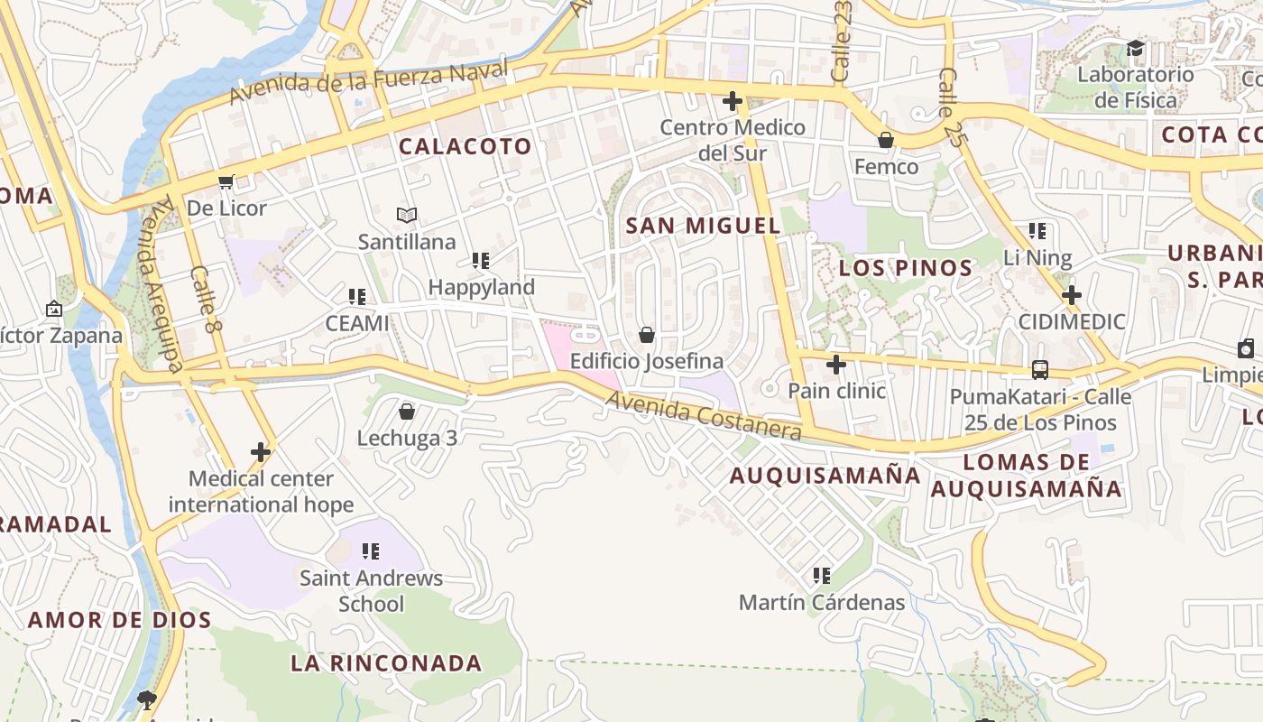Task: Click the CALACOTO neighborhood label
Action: [x=466, y=146]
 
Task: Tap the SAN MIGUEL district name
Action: [x=704, y=226]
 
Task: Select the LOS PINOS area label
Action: [x=906, y=268]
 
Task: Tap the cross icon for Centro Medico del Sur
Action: [x=733, y=100]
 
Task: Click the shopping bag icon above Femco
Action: [x=886, y=140]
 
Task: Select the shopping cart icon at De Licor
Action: [x=226, y=182]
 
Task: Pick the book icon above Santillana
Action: [x=407, y=215]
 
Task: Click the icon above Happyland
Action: [x=481, y=261]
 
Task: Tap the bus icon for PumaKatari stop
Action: [x=1040, y=369]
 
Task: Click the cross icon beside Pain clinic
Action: [x=836, y=365]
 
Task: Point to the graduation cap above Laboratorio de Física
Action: [x=1135, y=48]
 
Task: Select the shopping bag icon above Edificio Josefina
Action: [x=647, y=335]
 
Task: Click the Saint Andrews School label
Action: [x=371, y=590]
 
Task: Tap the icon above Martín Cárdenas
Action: [x=821, y=575]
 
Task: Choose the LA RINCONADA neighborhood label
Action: [x=386, y=663]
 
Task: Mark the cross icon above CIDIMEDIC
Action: [x=1072, y=295]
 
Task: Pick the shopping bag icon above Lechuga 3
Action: [x=407, y=412]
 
